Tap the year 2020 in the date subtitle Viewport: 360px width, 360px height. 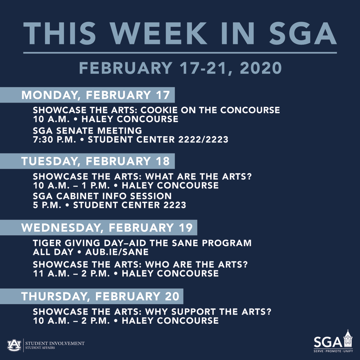[x=261, y=68]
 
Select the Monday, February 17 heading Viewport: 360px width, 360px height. [x=96, y=95]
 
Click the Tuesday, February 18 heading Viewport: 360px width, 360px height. [x=96, y=161]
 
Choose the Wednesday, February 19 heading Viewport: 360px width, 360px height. [x=107, y=228]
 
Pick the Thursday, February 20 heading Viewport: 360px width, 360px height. [x=100, y=296]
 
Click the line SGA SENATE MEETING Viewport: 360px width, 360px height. [x=88, y=131]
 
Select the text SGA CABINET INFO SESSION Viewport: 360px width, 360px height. [x=102, y=196]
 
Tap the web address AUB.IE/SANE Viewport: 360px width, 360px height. [x=117, y=252]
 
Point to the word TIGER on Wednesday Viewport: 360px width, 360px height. [x=45, y=243]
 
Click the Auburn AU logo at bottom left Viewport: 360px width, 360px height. [x=14, y=345]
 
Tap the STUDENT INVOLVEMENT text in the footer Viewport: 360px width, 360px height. [x=55, y=343]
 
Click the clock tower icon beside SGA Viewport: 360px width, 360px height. [x=347, y=339]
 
